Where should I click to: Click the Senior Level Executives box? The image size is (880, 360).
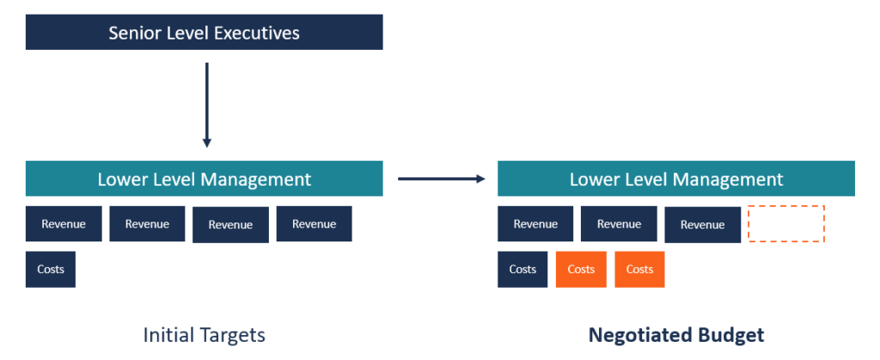click(x=204, y=33)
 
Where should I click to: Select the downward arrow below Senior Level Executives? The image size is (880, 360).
click(x=206, y=103)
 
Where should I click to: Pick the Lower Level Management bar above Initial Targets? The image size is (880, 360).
click(x=204, y=179)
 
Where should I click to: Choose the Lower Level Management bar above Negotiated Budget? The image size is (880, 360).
click(x=676, y=179)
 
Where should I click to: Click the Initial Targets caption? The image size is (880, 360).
click(x=205, y=334)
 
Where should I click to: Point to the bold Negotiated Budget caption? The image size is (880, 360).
click(x=675, y=334)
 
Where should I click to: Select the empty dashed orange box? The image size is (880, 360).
click(x=786, y=223)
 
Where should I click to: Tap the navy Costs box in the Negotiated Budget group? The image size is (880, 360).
click(x=522, y=269)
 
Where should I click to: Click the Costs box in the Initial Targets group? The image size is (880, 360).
click(x=51, y=269)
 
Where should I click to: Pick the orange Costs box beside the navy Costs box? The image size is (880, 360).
click(x=581, y=269)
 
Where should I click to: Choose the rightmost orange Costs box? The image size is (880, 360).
click(x=639, y=269)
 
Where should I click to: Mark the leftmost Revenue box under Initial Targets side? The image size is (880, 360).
click(x=64, y=223)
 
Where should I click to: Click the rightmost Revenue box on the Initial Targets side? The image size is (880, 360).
click(x=314, y=223)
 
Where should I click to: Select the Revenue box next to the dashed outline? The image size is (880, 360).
click(x=702, y=224)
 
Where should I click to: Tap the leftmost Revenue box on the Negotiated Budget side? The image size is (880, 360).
click(x=535, y=223)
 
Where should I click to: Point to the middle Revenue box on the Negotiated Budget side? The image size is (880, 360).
click(x=619, y=223)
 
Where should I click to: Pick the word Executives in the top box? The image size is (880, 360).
click(x=255, y=33)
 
